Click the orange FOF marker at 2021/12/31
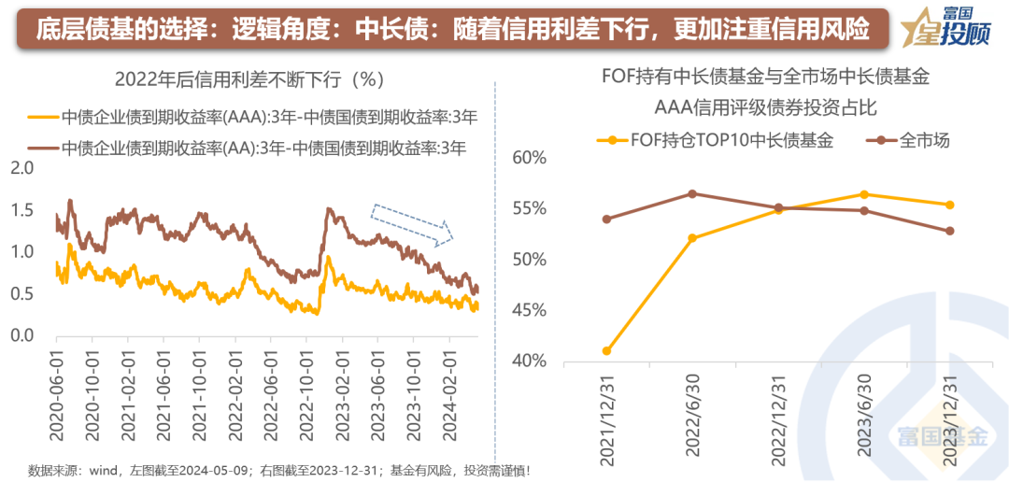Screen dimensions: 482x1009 point(606,351)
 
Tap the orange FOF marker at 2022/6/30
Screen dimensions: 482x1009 point(692,238)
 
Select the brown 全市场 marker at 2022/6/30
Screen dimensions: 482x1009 point(692,193)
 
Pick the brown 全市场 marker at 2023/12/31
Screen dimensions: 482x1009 point(950,231)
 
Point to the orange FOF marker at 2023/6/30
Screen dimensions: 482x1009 point(864,194)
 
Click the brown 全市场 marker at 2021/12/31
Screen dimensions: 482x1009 point(606,220)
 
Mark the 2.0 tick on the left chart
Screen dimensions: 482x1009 point(21,168)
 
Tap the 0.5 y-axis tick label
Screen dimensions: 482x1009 point(21,294)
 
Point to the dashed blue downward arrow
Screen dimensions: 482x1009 point(412,223)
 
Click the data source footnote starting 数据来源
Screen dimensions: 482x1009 point(279,469)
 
